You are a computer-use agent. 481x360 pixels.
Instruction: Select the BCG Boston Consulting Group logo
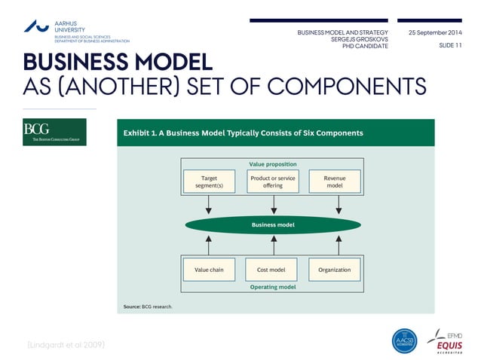click(54, 132)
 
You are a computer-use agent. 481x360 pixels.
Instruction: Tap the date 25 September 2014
click(435, 33)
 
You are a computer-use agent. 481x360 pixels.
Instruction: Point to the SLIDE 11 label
click(449, 46)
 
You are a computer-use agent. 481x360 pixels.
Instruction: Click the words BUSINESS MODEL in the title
click(117, 62)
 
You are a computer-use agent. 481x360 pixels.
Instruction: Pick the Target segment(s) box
click(209, 182)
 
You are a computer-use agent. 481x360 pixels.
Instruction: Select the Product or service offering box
click(273, 182)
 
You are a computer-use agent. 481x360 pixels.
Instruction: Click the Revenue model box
click(335, 182)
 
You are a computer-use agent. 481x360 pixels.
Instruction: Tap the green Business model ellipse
click(273, 224)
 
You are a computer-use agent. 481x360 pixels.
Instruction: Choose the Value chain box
click(209, 270)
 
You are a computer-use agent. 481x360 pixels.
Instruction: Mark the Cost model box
click(271, 270)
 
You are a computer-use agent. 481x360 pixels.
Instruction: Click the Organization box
click(334, 270)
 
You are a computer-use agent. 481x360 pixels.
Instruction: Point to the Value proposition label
click(273, 163)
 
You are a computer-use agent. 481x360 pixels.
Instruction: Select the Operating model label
click(273, 287)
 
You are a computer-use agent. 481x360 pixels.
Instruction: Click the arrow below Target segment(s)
click(209, 206)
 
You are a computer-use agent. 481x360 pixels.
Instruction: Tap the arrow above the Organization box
click(339, 244)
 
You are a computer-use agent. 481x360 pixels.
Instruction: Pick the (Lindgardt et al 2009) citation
click(66, 344)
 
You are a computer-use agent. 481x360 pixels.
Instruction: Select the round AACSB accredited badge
click(405, 340)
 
